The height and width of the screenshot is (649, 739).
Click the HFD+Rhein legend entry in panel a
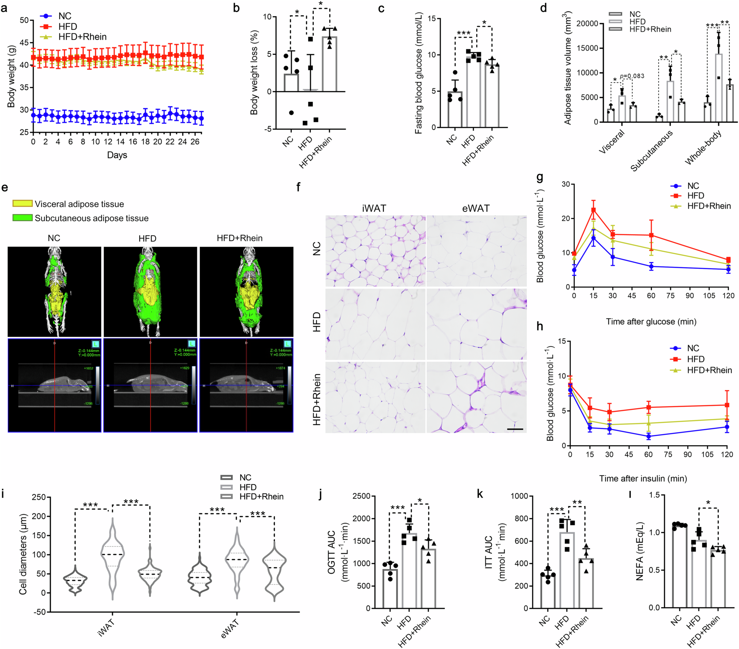(x=82, y=37)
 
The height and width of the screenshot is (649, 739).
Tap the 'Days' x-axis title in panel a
(x=117, y=155)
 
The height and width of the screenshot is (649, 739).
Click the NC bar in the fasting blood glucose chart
(x=454, y=110)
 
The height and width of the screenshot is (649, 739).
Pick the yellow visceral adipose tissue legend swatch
(x=22, y=204)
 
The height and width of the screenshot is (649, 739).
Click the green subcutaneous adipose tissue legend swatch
(x=22, y=218)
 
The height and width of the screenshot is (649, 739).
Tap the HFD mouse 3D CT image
(x=150, y=291)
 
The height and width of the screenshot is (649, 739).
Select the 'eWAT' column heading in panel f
(x=476, y=208)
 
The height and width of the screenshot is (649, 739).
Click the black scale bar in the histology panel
(x=515, y=429)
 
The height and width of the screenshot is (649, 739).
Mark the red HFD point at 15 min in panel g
(x=593, y=210)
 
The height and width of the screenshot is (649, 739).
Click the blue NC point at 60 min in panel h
(x=648, y=436)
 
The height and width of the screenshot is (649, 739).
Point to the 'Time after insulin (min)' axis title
(x=643, y=479)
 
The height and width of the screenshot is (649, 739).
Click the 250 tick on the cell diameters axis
(x=38, y=497)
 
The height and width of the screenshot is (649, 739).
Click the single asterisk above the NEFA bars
(x=708, y=503)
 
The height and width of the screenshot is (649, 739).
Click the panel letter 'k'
(x=480, y=494)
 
